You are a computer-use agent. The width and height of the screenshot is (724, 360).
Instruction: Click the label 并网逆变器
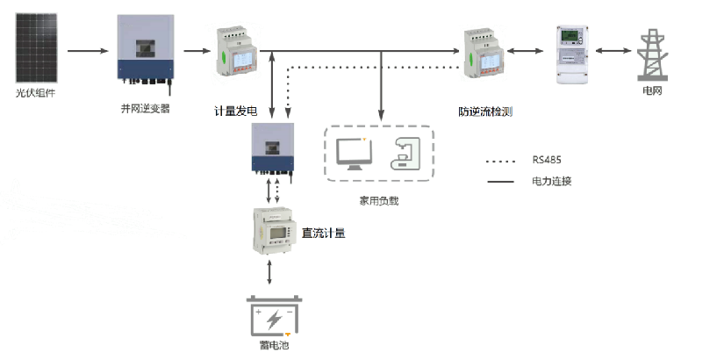click(x=145, y=109)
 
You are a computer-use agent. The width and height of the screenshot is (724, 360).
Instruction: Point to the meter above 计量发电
click(x=234, y=54)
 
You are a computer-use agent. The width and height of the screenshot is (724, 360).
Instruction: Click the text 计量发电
click(x=235, y=111)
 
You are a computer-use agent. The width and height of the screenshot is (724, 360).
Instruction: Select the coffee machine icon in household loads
click(x=403, y=155)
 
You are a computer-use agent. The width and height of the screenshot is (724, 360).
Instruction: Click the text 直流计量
click(x=323, y=233)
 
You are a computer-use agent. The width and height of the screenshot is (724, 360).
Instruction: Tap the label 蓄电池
click(x=275, y=346)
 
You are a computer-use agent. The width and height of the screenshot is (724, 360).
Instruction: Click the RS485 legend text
click(x=547, y=160)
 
